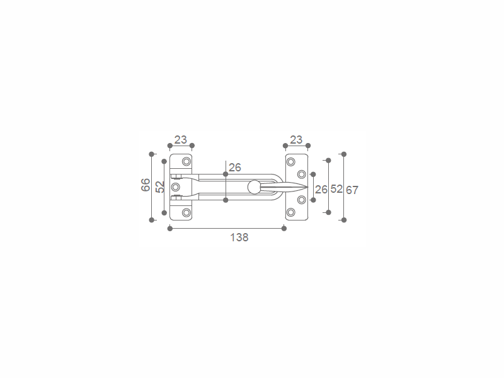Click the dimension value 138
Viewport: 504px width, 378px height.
click(x=239, y=238)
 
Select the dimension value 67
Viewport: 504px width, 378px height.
click(x=352, y=190)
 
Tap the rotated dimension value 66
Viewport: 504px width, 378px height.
click(x=146, y=185)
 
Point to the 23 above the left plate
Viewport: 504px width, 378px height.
click(x=180, y=139)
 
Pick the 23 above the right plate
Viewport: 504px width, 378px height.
click(x=296, y=139)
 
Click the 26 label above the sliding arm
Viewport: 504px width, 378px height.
click(x=234, y=167)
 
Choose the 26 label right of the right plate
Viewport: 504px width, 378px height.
click(x=321, y=190)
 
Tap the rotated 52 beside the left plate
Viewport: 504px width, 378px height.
click(x=160, y=186)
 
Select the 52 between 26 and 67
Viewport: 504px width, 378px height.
click(x=336, y=188)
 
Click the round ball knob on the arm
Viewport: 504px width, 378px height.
click(x=254, y=187)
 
